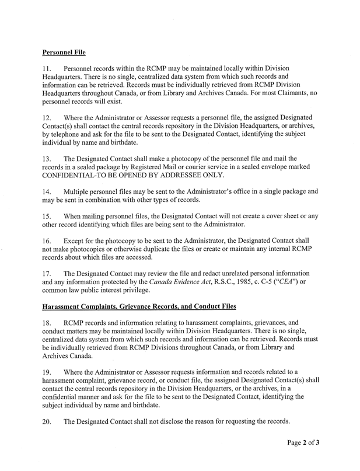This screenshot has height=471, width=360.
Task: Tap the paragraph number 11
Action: click(x=47, y=69)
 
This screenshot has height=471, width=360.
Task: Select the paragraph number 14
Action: click(x=47, y=191)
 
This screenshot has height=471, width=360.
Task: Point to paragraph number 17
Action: click(x=47, y=273)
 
